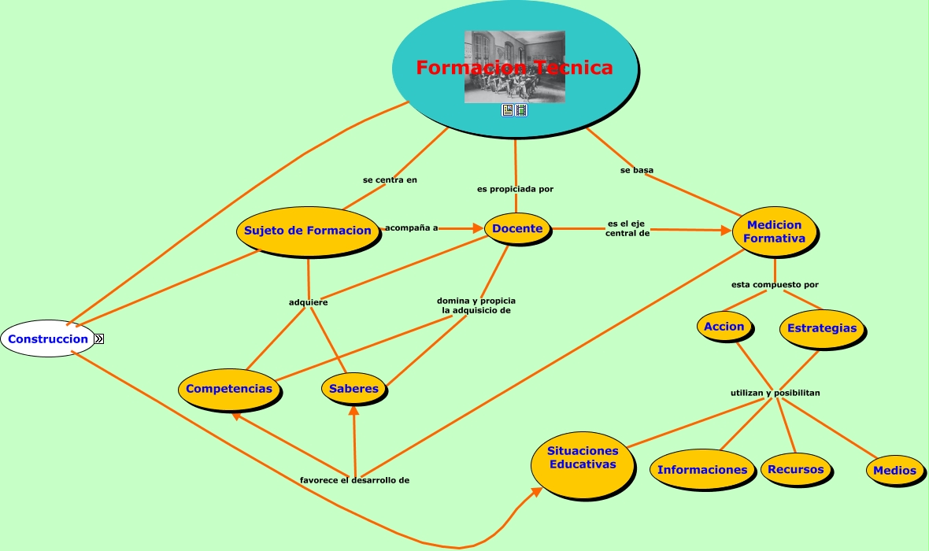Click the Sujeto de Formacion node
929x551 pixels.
click(x=307, y=231)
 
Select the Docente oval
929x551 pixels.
click(x=517, y=228)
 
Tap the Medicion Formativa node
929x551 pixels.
click(x=775, y=231)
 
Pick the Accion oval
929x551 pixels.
click(x=724, y=327)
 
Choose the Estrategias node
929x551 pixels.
click(x=821, y=328)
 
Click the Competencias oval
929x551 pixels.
click(x=229, y=388)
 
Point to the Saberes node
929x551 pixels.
click(x=353, y=388)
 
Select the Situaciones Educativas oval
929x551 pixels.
click(x=583, y=457)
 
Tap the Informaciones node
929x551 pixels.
click(x=701, y=470)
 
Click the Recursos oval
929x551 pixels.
click(x=795, y=469)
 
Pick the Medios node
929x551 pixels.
click(x=894, y=470)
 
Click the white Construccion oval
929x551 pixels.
click(x=48, y=338)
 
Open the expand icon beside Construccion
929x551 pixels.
click(x=99, y=338)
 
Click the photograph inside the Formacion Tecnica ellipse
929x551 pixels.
click(x=514, y=67)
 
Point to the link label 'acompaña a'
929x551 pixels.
click(x=411, y=228)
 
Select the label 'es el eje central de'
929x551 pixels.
click(x=627, y=228)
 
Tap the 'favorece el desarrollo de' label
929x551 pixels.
click(x=354, y=479)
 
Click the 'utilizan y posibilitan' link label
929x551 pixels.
click(x=775, y=392)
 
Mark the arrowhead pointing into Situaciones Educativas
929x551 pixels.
click(x=538, y=491)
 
